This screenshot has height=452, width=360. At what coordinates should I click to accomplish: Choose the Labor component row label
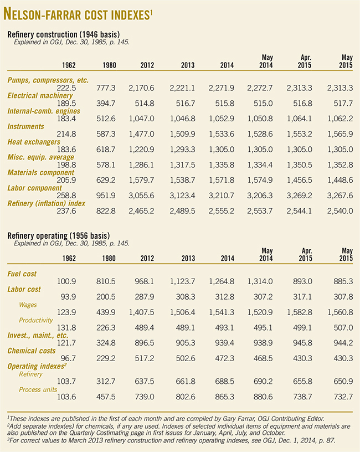(34, 188)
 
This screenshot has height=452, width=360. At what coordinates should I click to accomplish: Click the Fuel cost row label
(23, 274)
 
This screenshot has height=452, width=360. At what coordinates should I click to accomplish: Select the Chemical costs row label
(31, 351)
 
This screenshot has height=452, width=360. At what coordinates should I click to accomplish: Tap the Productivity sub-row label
(37, 320)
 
